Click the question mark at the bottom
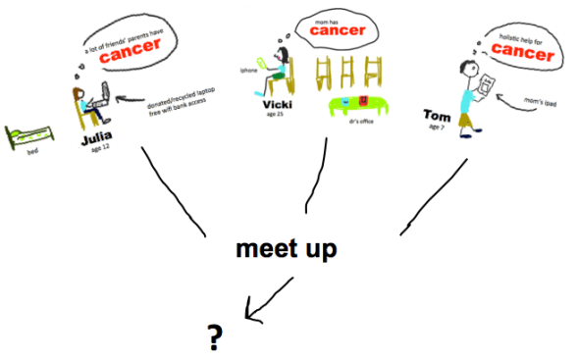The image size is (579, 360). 214,337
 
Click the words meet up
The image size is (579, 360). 287,249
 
